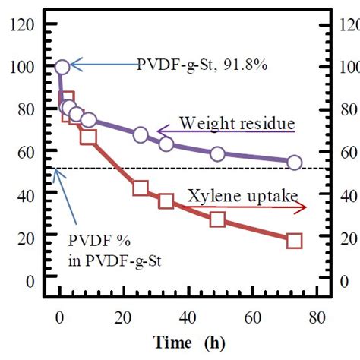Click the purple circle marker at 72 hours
point(294,163)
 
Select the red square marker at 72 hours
point(294,241)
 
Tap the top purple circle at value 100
point(62,67)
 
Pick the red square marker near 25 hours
point(141,188)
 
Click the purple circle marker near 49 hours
point(217,153)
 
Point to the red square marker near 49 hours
point(217,219)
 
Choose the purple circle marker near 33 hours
point(166,144)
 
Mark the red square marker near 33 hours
point(166,201)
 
